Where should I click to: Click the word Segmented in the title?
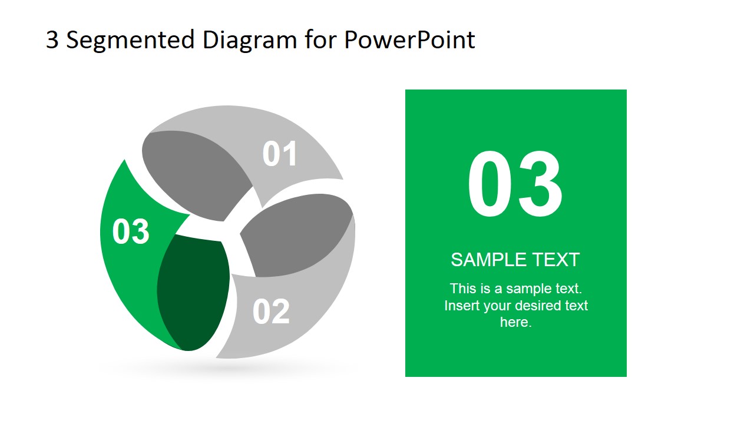[x=130, y=41]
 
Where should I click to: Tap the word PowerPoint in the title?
[x=409, y=40]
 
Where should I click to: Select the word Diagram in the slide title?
[x=250, y=40]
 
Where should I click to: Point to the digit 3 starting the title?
[x=52, y=40]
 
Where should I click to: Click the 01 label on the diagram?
[x=280, y=154]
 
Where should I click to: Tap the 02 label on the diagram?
[x=271, y=312]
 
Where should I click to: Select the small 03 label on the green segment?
[x=131, y=231]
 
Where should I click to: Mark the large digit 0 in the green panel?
[x=490, y=185]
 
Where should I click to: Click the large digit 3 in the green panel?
[x=540, y=185]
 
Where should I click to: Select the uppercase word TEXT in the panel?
[x=556, y=260]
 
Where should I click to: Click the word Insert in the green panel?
[x=462, y=306]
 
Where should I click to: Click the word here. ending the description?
[x=515, y=322]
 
